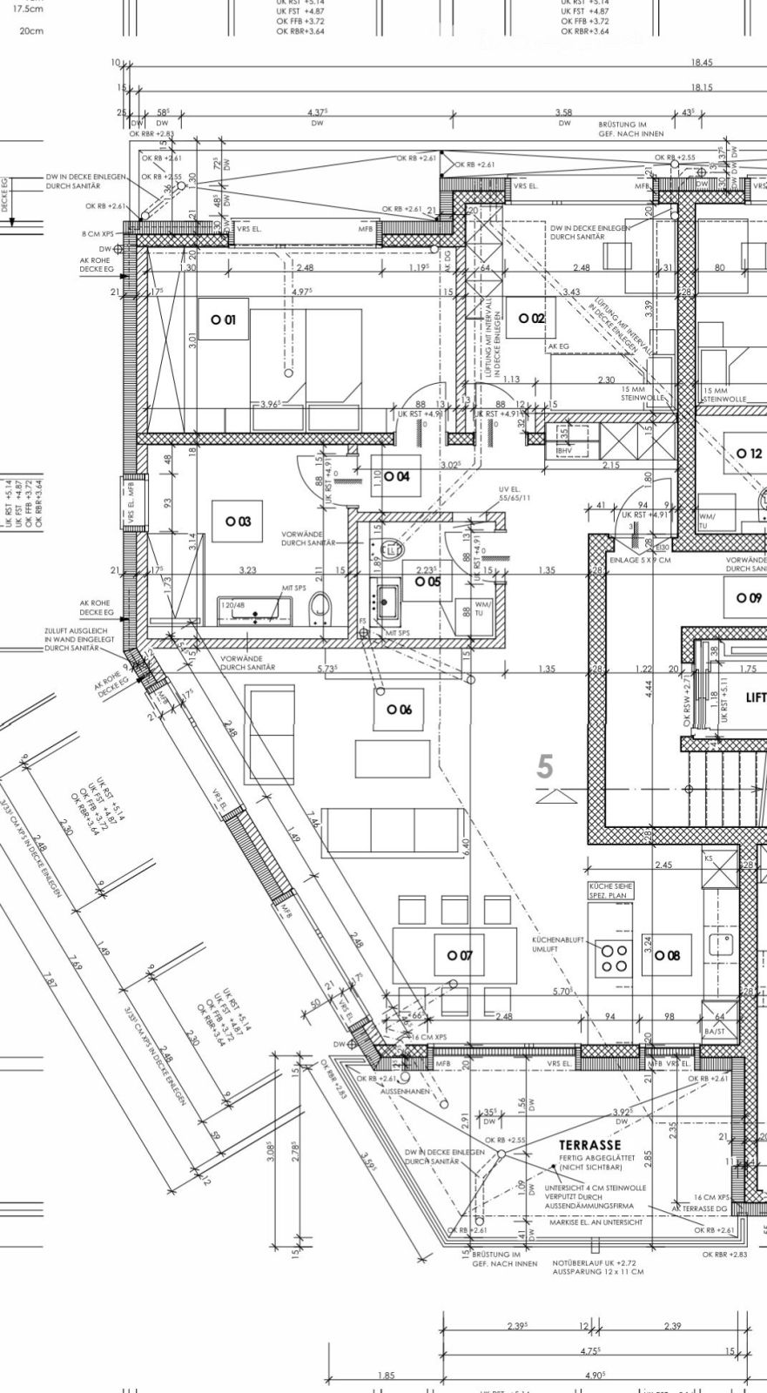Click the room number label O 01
(x=223, y=320)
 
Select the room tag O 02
(x=531, y=319)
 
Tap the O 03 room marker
(x=238, y=521)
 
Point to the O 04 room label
(x=396, y=476)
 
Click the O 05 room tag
(x=427, y=581)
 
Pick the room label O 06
(x=399, y=710)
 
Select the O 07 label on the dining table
(x=460, y=955)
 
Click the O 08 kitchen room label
(x=667, y=955)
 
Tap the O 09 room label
(x=749, y=598)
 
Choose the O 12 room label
(x=749, y=454)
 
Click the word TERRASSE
(x=589, y=1144)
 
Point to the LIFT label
(x=755, y=697)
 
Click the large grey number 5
(x=545, y=767)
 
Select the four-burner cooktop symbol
(x=612, y=957)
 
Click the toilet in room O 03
(x=322, y=607)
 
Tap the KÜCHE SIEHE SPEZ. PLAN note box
(x=610, y=890)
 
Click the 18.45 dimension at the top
(x=702, y=63)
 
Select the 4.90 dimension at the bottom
(x=595, y=1375)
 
